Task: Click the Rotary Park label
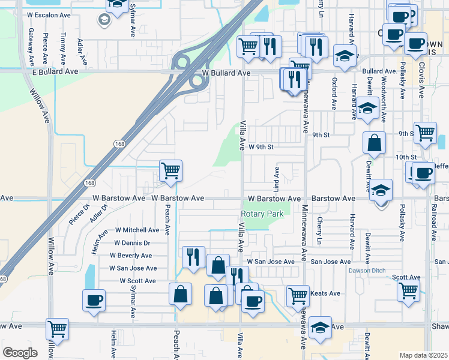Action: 262,214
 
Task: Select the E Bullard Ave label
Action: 55,71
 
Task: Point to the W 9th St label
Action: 261,146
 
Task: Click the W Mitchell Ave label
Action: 137,230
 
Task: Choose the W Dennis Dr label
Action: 132,243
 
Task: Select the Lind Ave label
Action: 277,177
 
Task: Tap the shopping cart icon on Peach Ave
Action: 171,172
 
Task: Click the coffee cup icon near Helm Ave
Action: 94,301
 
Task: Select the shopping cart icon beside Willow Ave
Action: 58,329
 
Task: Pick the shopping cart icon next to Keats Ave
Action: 297,296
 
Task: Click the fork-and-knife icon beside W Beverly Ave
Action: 193,257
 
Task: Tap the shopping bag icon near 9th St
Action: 374,144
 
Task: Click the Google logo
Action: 20,353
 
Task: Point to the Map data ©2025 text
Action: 423,355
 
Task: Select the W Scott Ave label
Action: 137,281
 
